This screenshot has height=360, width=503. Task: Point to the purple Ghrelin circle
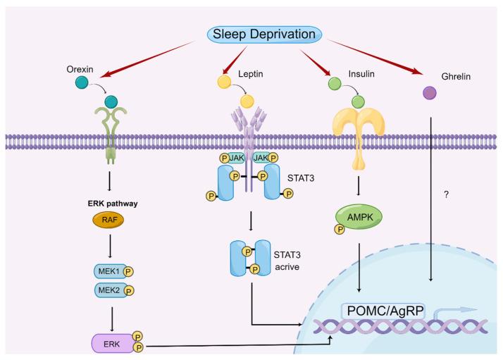[428, 92]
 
